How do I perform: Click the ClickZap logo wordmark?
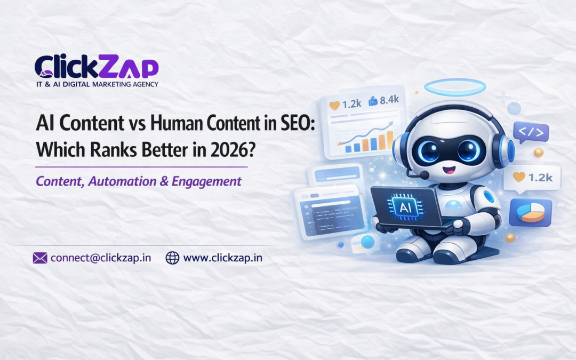point(96,66)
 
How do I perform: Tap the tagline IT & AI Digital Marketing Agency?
point(96,84)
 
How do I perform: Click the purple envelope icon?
point(40,258)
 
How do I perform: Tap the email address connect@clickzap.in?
point(101,258)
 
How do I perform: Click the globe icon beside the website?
point(172,258)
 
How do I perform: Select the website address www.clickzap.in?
point(223,258)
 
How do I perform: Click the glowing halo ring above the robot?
point(455,87)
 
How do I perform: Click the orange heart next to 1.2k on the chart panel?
point(334,105)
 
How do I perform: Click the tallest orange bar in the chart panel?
point(390,140)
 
